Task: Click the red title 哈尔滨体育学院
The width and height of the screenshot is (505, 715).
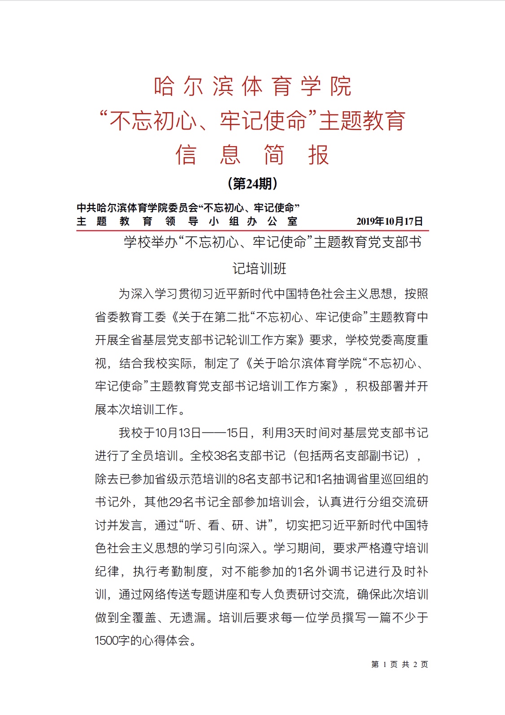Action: click(252, 86)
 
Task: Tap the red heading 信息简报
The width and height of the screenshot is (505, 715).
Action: click(252, 155)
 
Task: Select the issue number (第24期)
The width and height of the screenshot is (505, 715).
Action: click(252, 183)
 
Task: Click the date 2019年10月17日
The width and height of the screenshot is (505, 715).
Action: click(389, 221)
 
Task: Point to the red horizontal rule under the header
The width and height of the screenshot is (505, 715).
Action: click(252, 231)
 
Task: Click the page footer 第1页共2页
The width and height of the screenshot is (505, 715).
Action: click(400, 664)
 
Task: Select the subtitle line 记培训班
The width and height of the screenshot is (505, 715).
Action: click(259, 269)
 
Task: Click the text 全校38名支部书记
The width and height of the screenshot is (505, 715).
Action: click(238, 456)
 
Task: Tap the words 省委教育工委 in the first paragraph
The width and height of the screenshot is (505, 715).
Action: click(130, 317)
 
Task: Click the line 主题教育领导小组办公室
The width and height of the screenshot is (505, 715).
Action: click(187, 221)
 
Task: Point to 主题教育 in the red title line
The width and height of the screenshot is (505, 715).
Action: click(362, 121)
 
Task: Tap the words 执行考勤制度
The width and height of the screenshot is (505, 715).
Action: click(171, 571)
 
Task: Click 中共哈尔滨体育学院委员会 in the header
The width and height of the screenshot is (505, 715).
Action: click(137, 208)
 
